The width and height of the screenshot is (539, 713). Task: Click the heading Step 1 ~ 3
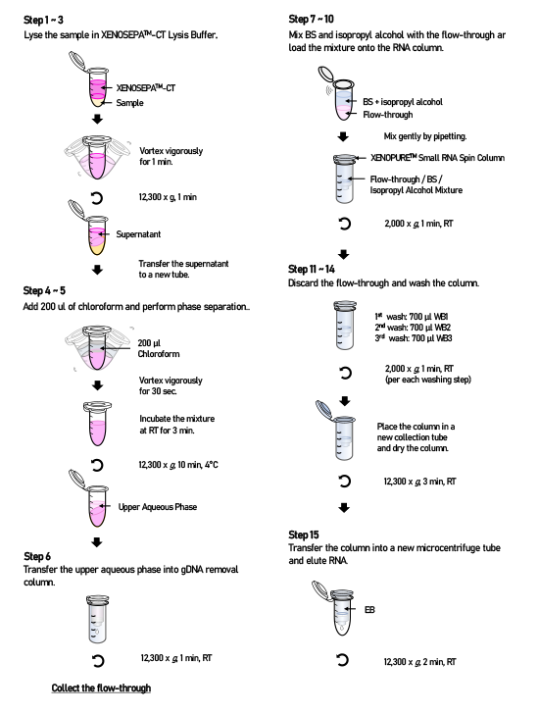pyautogui.click(x=43, y=20)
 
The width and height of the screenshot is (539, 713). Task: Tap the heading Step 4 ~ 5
pyautogui.click(x=44, y=290)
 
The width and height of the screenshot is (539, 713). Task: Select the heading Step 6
pyautogui.click(x=37, y=557)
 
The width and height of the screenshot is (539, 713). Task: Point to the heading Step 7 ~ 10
pyautogui.click(x=311, y=19)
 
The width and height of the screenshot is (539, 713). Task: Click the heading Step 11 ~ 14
pyautogui.click(x=312, y=269)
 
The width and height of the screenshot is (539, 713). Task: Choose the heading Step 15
pyautogui.click(x=304, y=535)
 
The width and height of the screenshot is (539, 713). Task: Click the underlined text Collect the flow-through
pyautogui.click(x=101, y=688)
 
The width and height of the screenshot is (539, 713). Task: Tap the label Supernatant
pyautogui.click(x=138, y=234)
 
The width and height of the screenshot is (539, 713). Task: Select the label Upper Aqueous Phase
pyautogui.click(x=157, y=507)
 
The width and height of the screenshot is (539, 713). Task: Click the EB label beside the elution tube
pyautogui.click(x=369, y=609)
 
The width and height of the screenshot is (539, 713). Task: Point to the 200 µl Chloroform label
pyautogui.click(x=158, y=348)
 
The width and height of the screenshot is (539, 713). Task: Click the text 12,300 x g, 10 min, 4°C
pyautogui.click(x=178, y=465)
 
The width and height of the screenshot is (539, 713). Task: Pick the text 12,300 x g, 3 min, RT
pyautogui.click(x=419, y=482)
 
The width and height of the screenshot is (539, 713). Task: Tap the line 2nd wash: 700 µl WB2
pyautogui.click(x=413, y=328)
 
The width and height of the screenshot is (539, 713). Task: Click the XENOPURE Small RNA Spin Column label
pyautogui.click(x=437, y=158)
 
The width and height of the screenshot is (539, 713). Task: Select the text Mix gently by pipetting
pyautogui.click(x=425, y=136)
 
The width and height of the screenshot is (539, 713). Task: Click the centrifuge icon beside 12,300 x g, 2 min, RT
pyautogui.click(x=343, y=660)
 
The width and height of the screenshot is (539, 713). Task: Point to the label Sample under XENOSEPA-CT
pyautogui.click(x=129, y=103)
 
